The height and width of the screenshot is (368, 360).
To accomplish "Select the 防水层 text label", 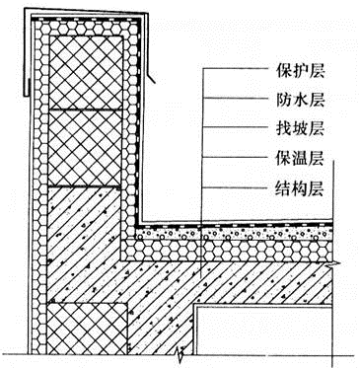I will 295,99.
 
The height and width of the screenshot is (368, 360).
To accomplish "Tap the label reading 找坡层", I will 295,128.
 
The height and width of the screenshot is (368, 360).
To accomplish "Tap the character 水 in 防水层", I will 295,99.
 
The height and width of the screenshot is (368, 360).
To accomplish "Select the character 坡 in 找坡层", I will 295,128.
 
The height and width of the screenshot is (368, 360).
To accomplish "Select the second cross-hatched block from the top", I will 90,145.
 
